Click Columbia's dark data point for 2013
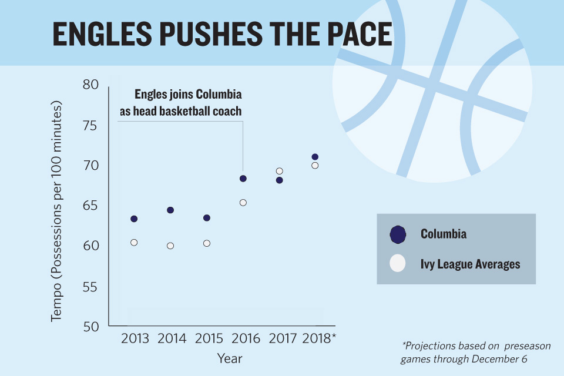coord(134,219)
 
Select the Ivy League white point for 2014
coord(170,246)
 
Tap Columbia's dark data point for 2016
coord(243,179)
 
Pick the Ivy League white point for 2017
coord(280,172)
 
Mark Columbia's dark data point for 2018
coord(315,157)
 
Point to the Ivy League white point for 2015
coord(207,243)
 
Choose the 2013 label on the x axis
coord(135,338)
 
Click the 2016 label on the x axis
coord(244,338)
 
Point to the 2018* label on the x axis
coord(318,338)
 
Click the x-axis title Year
coord(230,358)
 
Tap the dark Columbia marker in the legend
coord(398,234)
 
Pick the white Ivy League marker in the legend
coord(398,264)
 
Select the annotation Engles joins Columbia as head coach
coord(180,102)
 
